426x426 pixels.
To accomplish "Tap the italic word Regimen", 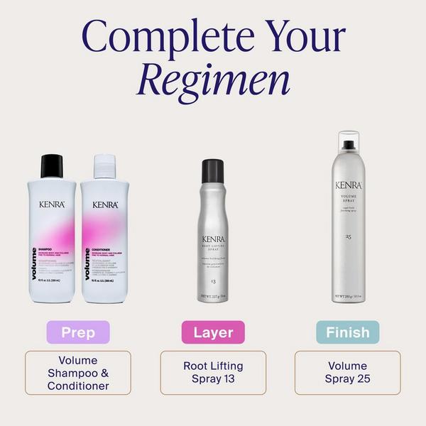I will tap(214, 80).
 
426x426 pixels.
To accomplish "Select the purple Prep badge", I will tap(78, 332).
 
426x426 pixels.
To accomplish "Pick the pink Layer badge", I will tap(213, 332).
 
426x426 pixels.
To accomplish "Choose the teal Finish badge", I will tap(348, 332).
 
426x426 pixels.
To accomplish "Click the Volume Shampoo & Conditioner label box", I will tap(78, 373).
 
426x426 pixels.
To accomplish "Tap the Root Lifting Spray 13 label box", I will tap(213, 373).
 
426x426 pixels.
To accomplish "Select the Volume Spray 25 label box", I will tap(348, 373).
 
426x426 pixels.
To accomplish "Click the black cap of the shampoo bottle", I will tap(52, 166).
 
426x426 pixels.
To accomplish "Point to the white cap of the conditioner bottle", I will tap(104, 166).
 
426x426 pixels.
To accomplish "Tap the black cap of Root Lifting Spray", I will tap(213, 171).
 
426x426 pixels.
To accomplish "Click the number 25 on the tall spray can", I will tap(348, 236).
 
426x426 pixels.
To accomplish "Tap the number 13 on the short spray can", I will tap(213, 262).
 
